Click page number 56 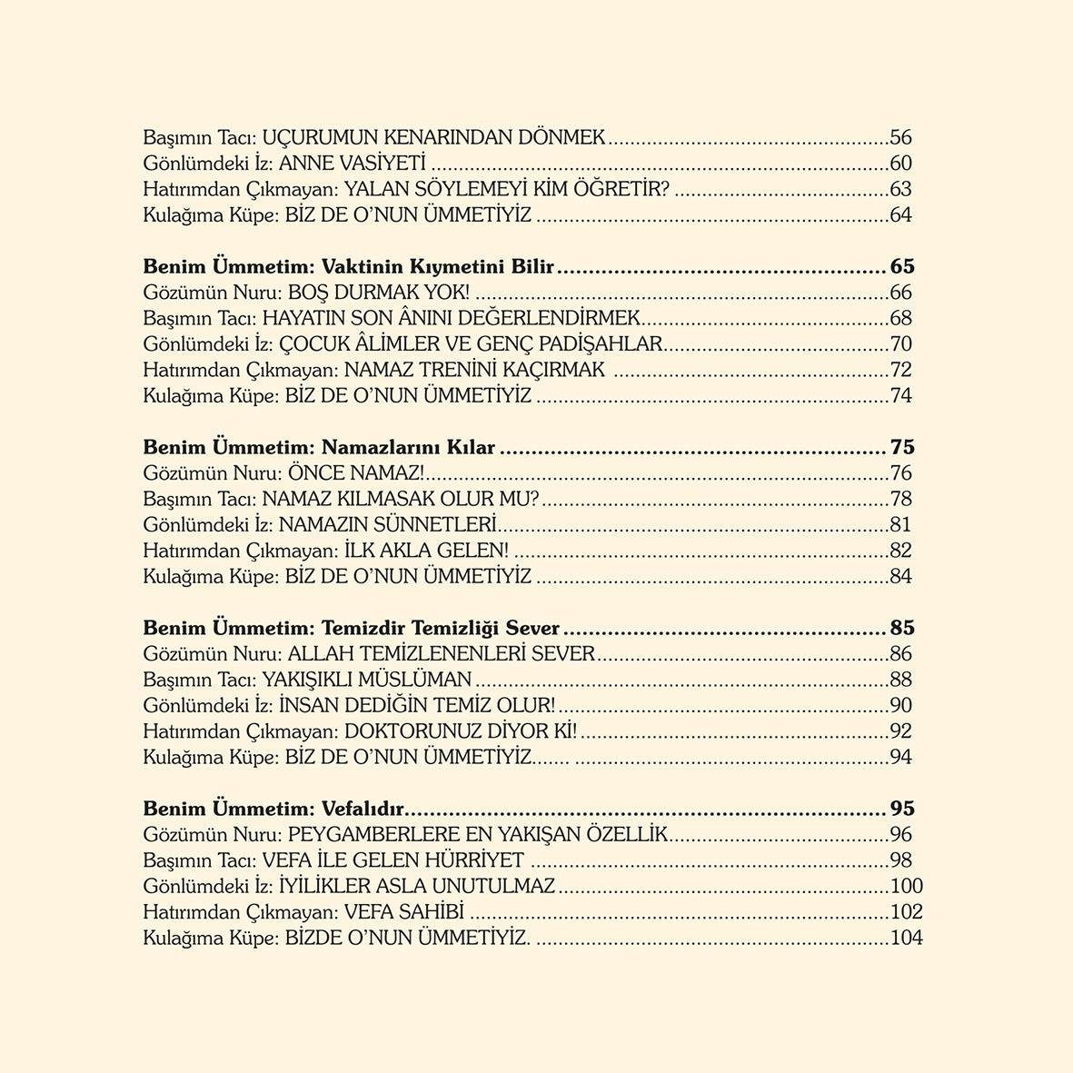tap(900, 138)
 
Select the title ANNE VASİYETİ tap(353, 164)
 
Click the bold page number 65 tap(901, 267)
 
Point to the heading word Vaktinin tap(357, 267)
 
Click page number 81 tap(900, 525)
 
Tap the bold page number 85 tap(901, 629)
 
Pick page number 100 tap(906, 887)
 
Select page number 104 tap(906, 939)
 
